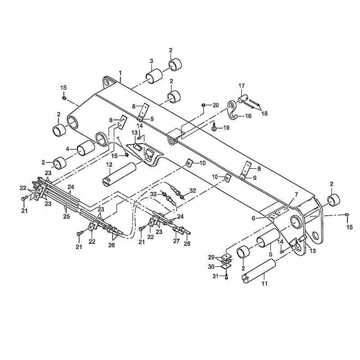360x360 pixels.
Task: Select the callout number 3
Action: point(152,61)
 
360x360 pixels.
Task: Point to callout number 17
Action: point(242,85)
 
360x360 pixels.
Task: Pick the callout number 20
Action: point(216,105)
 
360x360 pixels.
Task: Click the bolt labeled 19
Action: point(215,128)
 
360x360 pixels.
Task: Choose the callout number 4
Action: point(67,148)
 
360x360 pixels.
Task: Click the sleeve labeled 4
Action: point(85,148)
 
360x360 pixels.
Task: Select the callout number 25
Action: point(67,216)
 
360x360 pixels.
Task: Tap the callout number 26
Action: point(112,245)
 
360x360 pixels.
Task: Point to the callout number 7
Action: point(296,194)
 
